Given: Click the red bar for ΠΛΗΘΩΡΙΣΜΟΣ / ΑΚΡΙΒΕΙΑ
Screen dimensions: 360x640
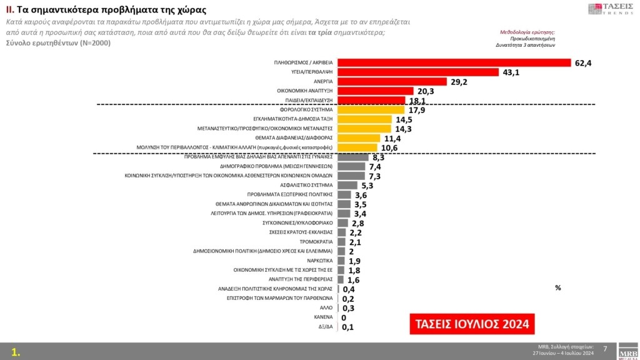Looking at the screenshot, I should point(454,62).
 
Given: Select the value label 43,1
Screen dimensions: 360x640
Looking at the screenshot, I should point(512,72).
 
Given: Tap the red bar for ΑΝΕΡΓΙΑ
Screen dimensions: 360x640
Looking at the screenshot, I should point(392,81).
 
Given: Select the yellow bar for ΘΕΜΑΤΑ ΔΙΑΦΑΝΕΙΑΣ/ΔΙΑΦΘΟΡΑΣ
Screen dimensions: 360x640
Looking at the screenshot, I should point(359,138).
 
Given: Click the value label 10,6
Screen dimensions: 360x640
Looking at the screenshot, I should point(389,148).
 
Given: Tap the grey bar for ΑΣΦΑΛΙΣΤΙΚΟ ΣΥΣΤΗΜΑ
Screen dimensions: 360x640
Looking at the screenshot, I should point(347,185).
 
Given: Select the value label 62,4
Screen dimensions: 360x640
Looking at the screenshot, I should point(584,62).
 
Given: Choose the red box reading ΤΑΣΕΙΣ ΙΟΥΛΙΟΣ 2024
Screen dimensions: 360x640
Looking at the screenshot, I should point(472,324).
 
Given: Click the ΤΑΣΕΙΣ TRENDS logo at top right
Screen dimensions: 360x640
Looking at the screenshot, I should point(611,9).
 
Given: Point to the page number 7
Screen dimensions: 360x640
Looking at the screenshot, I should point(605,348).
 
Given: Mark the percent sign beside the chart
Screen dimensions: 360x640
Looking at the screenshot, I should point(557,287).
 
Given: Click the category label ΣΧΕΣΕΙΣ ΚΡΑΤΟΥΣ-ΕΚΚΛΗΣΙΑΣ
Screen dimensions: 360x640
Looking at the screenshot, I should point(305,232).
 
